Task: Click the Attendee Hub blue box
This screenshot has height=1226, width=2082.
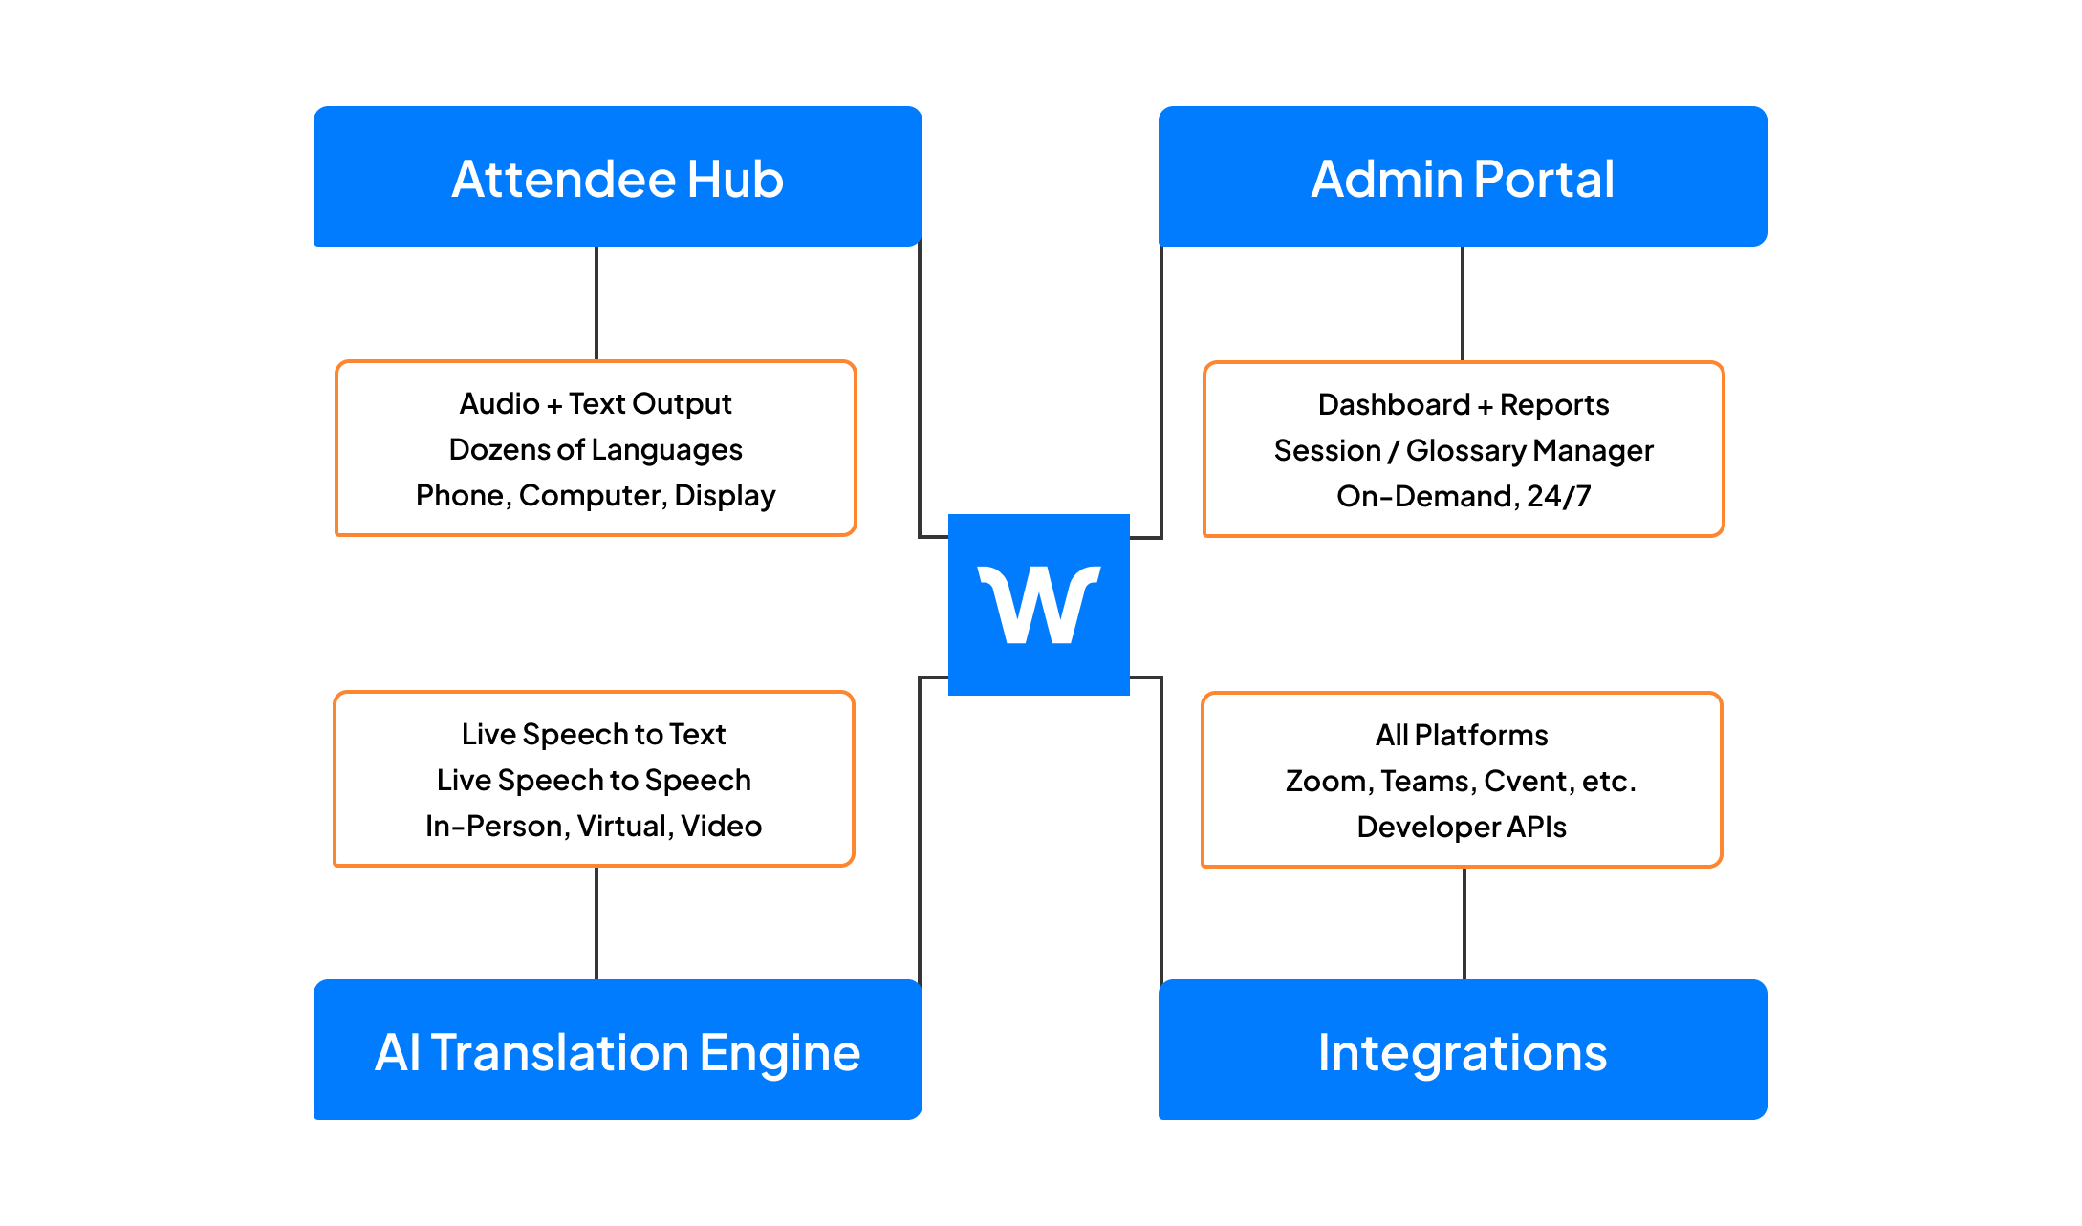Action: click(x=618, y=177)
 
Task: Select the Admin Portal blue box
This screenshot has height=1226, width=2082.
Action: click(x=1463, y=177)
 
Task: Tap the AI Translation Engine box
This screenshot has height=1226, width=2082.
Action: click(x=618, y=1050)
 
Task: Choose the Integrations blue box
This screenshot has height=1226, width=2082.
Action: click(x=1463, y=1050)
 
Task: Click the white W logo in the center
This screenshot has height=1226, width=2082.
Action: click(x=1039, y=605)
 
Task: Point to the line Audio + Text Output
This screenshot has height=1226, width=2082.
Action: click(x=595, y=403)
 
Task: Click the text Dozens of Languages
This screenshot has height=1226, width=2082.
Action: click(x=595, y=449)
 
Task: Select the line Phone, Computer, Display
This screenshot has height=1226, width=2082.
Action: click(x=595, y=495)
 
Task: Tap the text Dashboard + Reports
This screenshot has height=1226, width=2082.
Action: click(x=1463, y=404)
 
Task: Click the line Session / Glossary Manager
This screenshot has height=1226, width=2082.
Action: click(x=1463, y=450)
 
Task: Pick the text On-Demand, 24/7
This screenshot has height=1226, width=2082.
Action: click(x=1463, y=496)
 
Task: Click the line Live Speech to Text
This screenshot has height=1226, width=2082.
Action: click(x=594, y=734)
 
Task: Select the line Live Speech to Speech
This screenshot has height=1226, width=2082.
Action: click(x=594, y=780)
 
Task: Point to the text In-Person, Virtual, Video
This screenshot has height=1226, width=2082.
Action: click(x=594, y=826)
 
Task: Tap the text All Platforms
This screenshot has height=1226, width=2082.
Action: click(x=1462, y=735)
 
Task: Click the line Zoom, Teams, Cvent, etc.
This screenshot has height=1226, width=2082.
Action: click(x=1462, y=781)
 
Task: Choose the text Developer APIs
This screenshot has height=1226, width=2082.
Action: click(x=1462, y=827)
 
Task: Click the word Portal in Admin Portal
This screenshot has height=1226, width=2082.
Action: click(x=1544, y=179)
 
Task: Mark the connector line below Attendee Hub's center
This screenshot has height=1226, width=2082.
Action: click(x=596, y=303)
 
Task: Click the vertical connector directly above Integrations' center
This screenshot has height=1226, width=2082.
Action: click(x=1464, y=923)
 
